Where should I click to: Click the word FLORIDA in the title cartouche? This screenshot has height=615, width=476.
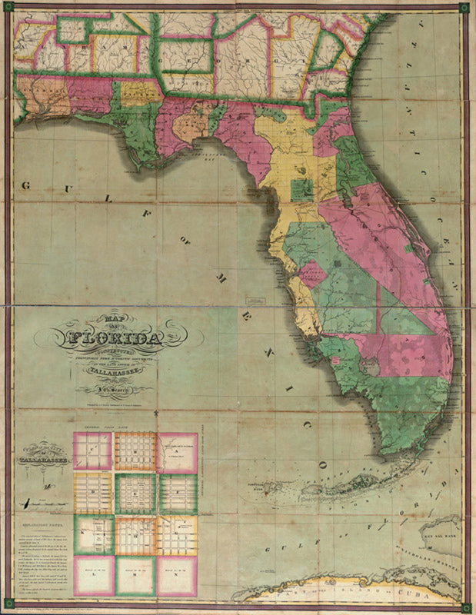pyautogui.click(x=116, y=338)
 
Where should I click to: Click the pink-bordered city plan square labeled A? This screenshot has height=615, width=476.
pyautogui.click(x=178, y=452)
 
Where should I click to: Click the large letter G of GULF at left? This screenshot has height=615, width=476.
pyautogui.click(x=26, y=185)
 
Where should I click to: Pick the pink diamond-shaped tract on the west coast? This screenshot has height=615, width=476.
pyautogui.click(x=311, y=274)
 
